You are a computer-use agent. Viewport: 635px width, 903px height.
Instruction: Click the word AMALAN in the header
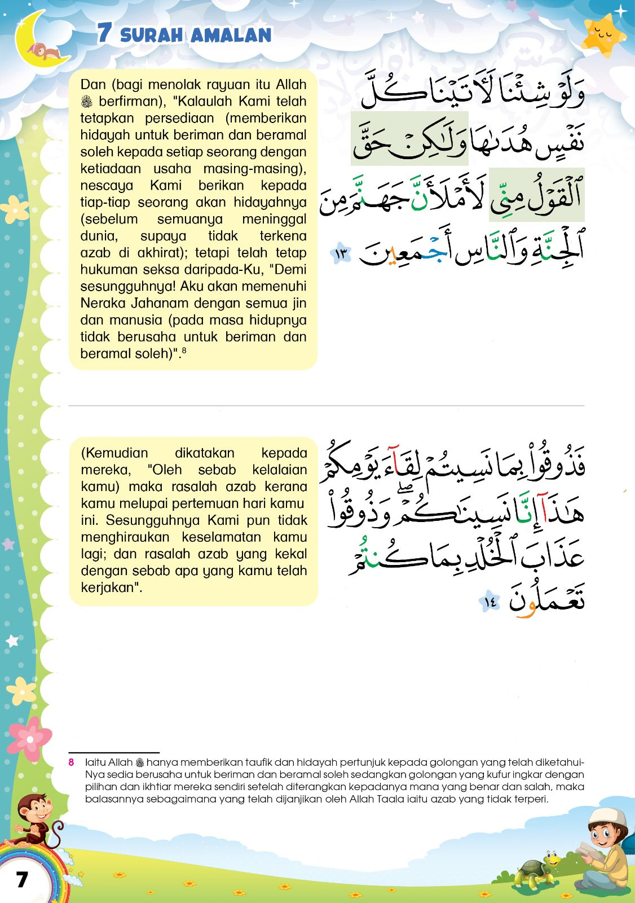(x=231, y=36)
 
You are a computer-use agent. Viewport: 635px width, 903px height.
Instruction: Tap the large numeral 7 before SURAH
(x=104, y=33)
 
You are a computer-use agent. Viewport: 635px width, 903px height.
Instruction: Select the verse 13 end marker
(x=341, y=255)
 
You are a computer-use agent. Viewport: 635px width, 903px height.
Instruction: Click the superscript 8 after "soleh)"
(x=184, y=350)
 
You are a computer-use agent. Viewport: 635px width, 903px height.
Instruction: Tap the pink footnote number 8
(x=72, y=762)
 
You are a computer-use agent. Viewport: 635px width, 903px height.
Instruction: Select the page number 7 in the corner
(x=22, y=879)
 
